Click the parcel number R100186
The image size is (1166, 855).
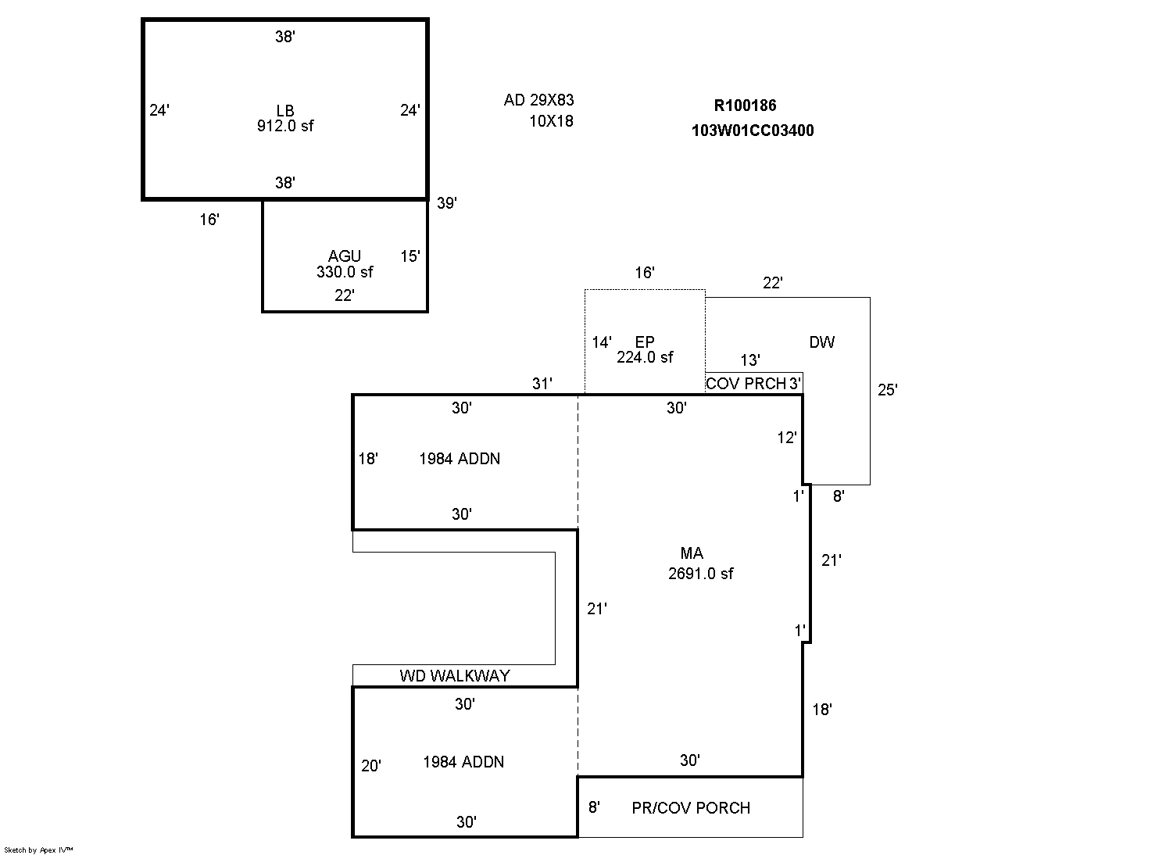pos(745,106)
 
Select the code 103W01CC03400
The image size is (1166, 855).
pos(753,131)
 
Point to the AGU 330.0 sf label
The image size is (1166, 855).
pos(345,264)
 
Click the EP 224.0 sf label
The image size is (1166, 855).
pos(645,349)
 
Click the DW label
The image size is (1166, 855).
pos(822,342)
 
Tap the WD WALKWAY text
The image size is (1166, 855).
pos(454,676)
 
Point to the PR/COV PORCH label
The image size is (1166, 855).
pos(691,807)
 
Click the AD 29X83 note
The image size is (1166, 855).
pos(538,100)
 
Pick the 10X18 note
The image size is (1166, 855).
pos(551,121)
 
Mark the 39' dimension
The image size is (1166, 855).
pos(446,203)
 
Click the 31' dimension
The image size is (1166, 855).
pos(542,384)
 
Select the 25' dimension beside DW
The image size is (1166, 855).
pos(888,390)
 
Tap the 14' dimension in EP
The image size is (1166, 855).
pos(602,342)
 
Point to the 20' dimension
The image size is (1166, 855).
pos(371,766)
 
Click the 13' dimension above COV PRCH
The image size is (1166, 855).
pos(750,360)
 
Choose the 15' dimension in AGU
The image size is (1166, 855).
pos(410,256)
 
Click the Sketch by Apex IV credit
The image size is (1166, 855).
pos(38,850)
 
